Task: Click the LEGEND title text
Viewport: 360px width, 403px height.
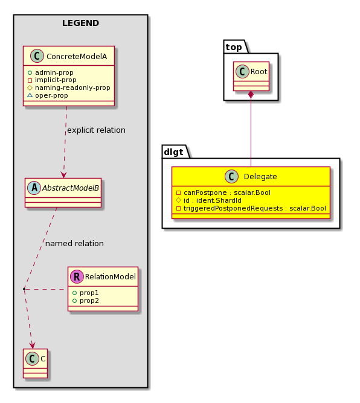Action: [80, 23]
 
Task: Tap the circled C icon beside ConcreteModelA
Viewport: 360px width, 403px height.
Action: [37, 56]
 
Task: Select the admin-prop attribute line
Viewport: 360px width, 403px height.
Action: [50, 72]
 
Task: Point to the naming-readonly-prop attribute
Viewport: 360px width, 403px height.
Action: [69, 87]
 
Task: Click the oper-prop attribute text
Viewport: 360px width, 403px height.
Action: [48, 95]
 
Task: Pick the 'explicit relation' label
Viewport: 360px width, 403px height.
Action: [97, 130]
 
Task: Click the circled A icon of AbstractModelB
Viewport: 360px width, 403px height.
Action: [34, 188]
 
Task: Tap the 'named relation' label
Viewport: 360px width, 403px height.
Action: [75, 243]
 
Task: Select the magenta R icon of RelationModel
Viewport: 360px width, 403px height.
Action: [77, 276]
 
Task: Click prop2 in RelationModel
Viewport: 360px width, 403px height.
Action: [86, 300]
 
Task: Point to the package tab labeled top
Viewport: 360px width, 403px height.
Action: [234, 47]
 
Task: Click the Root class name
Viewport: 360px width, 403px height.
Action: [259, 71]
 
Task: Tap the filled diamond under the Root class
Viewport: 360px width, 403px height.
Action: [251, 95]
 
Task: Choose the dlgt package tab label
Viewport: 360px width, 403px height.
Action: [173, 152]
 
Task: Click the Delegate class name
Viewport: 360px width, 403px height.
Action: [260, 177]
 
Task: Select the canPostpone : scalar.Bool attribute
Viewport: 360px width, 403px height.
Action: [223, 192]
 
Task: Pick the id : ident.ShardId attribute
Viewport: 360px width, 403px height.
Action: [209, 200]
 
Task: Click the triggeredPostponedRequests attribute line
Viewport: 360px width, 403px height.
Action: [251, 208]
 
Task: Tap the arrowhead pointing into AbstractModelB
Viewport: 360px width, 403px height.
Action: [63, 175]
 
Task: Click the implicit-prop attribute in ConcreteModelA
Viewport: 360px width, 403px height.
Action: [52, 80]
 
